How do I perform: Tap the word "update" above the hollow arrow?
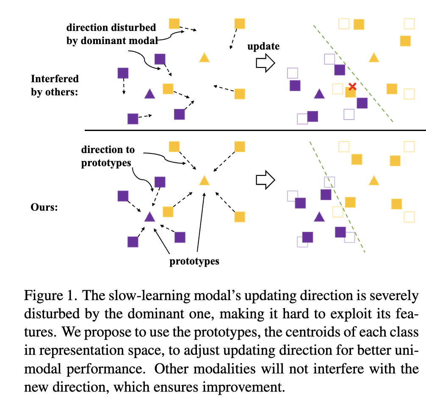coord(263,46)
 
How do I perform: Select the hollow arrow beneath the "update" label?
coord(266,63)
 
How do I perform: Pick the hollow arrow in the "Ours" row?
coord(266,180)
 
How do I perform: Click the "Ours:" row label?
coord(44,208)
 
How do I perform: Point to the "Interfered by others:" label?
coord(55,85)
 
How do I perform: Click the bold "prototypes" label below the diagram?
coord(194,261)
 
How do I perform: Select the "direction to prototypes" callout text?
coord(108,156)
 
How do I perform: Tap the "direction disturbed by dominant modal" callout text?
coord(111,34)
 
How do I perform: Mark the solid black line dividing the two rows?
coord(254,130)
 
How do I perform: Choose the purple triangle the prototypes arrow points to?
coord(149,217)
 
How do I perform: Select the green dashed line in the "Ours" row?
coord(339,199)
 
